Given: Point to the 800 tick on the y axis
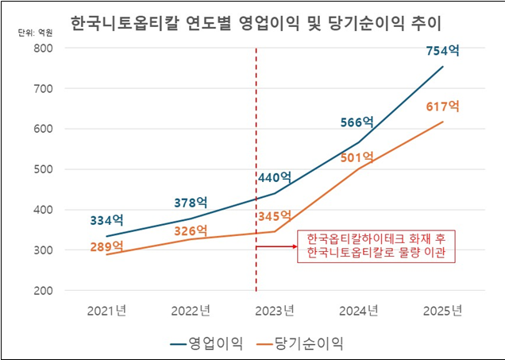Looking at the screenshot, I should coord(42,48).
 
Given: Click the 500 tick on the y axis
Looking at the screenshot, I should coord(42,169).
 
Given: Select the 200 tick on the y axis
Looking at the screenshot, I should coord(42,290).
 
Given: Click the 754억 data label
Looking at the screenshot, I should coord(442,51).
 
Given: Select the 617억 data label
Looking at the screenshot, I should coord(442,106).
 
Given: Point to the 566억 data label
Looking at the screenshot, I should coord(357,122).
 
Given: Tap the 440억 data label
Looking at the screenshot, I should coord(274,178).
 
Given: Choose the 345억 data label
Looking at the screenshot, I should coord(274,216).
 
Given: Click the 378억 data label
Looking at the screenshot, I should coord(191,202).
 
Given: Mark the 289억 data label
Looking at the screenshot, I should coord(106,246).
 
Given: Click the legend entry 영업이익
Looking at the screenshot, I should coord(202,343).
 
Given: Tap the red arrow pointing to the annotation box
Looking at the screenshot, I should coord(275,247).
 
